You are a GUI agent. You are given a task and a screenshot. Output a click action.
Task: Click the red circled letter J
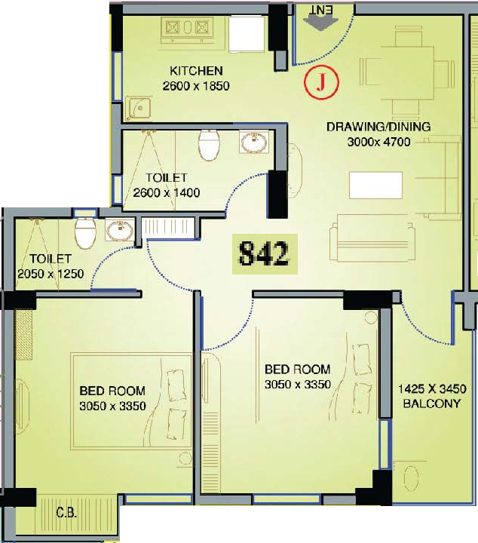point(321,82)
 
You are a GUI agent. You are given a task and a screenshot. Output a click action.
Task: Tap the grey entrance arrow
point(320,23)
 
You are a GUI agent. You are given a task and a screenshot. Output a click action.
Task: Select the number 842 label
point(265,254)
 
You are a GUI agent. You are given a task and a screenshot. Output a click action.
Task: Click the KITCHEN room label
point(196,71)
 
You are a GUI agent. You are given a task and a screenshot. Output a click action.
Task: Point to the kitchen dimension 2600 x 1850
point(196,86)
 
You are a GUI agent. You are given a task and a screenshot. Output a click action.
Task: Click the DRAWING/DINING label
point(378,127)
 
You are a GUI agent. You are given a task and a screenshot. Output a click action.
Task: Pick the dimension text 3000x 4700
point(378,142)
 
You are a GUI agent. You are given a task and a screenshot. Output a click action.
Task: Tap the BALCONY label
point(431,403)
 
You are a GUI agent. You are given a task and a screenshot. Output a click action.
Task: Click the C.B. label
point(66,513)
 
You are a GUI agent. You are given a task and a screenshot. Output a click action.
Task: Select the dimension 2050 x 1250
point(51,274)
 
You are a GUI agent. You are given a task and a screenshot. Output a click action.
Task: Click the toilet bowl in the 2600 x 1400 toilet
point(209,146)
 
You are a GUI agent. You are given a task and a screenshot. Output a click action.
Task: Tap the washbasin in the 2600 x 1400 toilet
point(254,142)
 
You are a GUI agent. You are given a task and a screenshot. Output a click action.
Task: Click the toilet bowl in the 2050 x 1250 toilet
point(85,232)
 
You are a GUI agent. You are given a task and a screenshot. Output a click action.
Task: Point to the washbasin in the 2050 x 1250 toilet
point(120,230)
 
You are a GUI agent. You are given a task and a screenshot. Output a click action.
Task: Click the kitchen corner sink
point(139,108)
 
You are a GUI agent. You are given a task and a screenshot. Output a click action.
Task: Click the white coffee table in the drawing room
point(375,186)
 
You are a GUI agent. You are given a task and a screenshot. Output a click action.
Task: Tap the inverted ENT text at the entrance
point(321,11)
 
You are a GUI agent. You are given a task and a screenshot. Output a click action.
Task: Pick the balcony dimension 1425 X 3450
point(432,388)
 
